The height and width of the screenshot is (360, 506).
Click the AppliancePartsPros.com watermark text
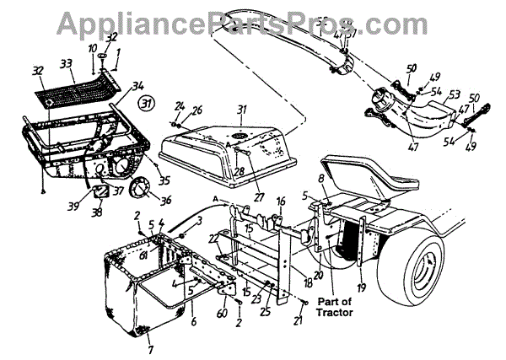click(254, 20)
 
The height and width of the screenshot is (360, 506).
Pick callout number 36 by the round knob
click(164, 200)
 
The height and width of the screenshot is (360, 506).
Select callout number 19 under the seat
click(362, 286)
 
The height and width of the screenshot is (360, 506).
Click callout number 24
click(178, 106)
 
